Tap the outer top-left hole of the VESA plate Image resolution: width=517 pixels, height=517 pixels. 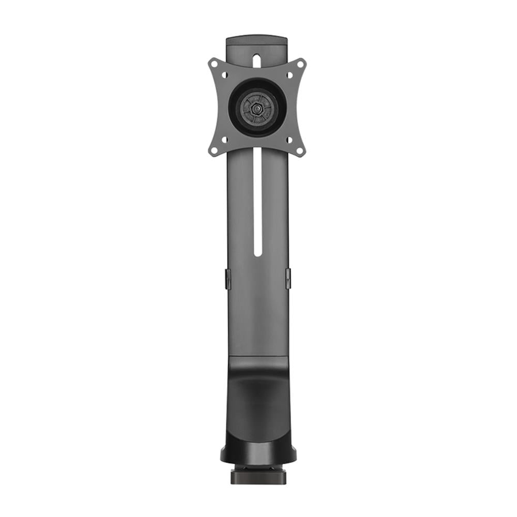[x=213, y=64]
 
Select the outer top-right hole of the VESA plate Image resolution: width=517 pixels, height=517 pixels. [x=301, y=64]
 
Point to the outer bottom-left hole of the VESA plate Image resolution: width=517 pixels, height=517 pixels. [x=213, y=151]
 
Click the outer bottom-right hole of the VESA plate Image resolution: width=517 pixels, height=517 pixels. [x=301, y=151]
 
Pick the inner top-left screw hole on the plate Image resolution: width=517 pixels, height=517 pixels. [x=224, y=75]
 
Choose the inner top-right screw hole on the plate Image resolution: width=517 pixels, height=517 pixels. [x=290, y=75]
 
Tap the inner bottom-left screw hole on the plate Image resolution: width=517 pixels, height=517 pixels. [x=224, y=140]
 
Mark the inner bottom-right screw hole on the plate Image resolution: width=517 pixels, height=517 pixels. [x=290, y=140]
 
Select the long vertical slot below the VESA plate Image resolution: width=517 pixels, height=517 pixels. [x=257, y=202]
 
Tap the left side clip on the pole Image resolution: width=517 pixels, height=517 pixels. [x=227, y=278]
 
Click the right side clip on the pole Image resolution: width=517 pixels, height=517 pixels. [x=288, y=278]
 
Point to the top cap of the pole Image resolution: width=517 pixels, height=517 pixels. [x=257, y=39]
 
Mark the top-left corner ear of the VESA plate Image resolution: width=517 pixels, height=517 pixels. [x=210, y=62]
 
